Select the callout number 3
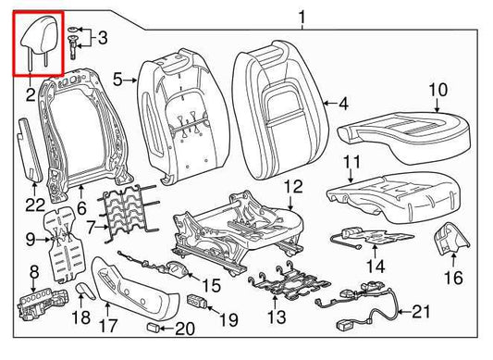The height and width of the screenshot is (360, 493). click(x=102, y=38)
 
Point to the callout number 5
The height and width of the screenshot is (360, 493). click(x=117, y=81)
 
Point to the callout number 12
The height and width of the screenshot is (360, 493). click(x=292, y=188)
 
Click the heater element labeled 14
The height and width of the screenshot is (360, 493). click(x=370, y=235)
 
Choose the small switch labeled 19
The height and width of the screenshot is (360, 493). click(x=197, y=300)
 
